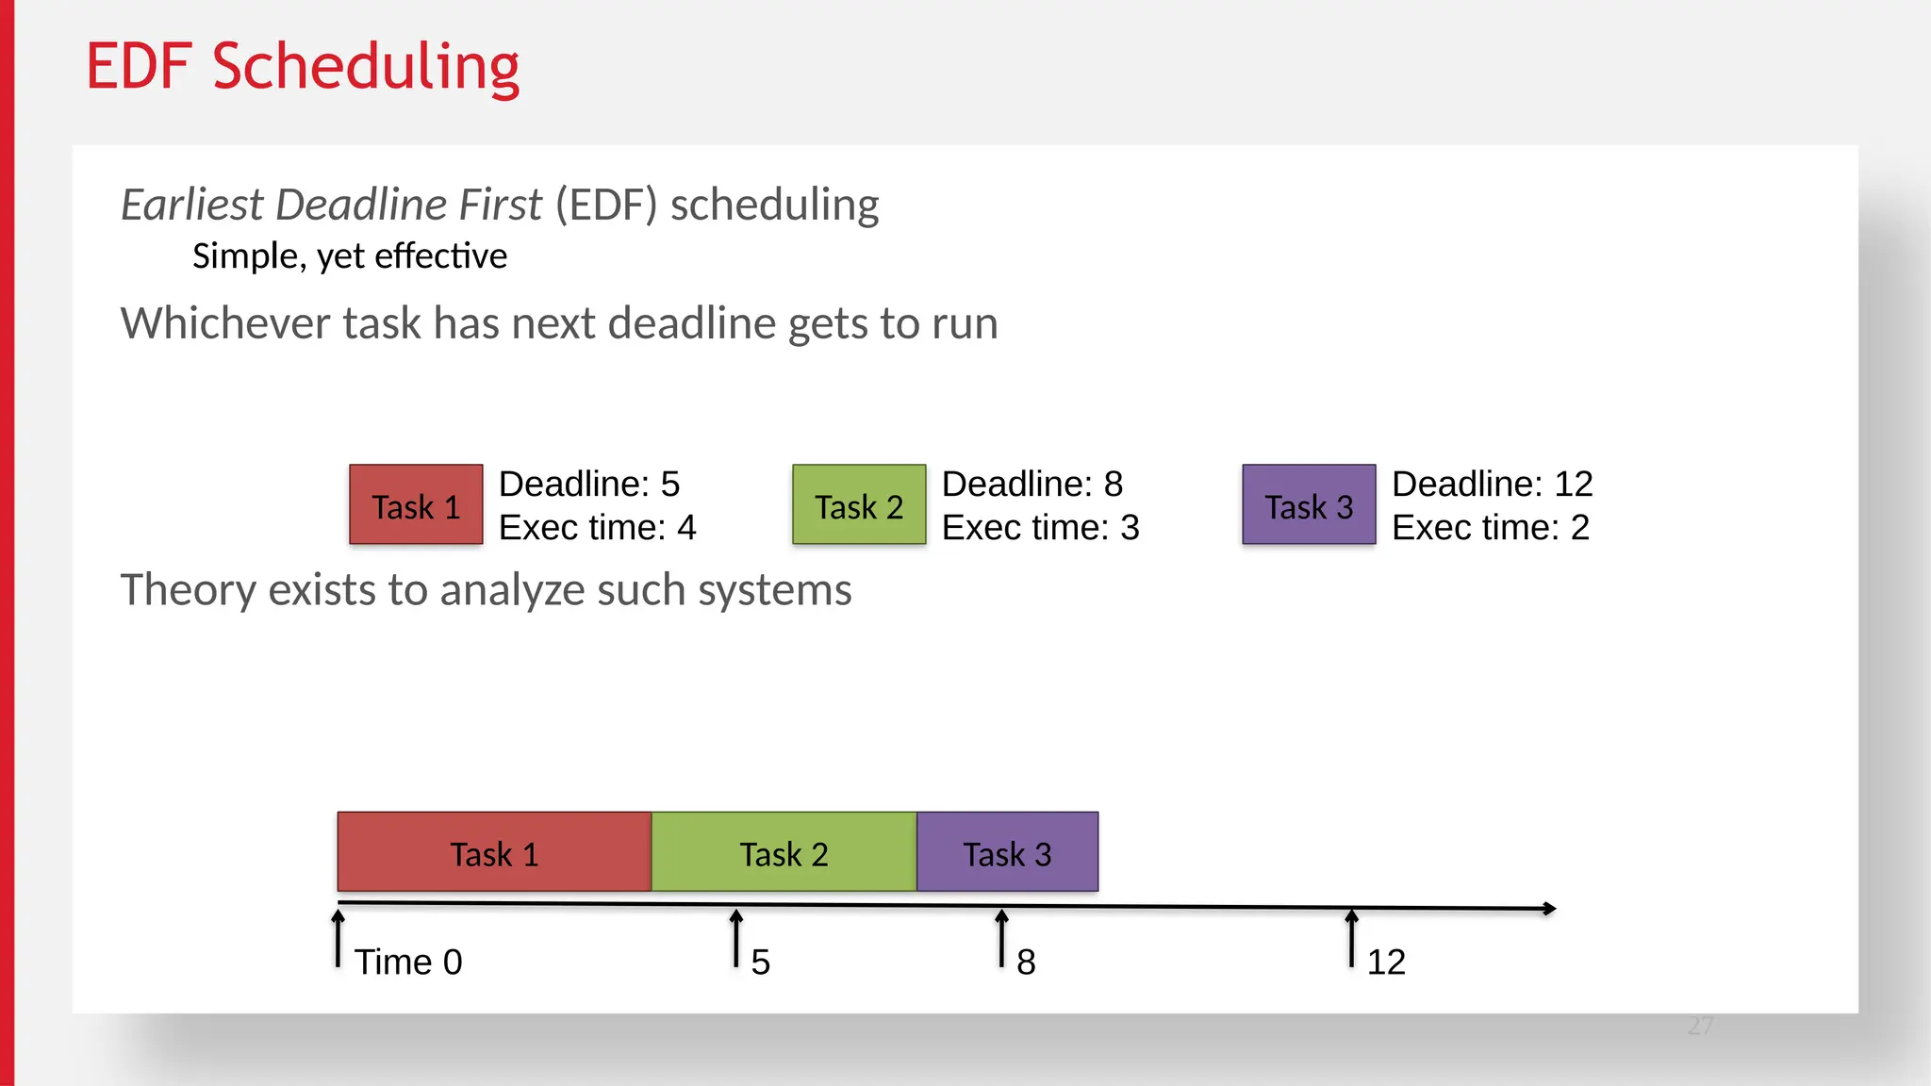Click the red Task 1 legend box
416,504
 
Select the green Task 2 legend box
859,504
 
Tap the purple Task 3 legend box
1309,504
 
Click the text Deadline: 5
589,484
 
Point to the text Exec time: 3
1040,527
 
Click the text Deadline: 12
1492,484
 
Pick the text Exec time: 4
597,527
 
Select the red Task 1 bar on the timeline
494,852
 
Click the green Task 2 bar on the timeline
784,852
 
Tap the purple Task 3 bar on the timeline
1007,852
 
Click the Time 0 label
408,962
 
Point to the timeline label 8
1026,963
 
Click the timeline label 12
1386,963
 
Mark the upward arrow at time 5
736,938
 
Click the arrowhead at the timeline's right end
1548,909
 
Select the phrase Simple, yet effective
350,256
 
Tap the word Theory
189,590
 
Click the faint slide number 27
1700,1026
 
